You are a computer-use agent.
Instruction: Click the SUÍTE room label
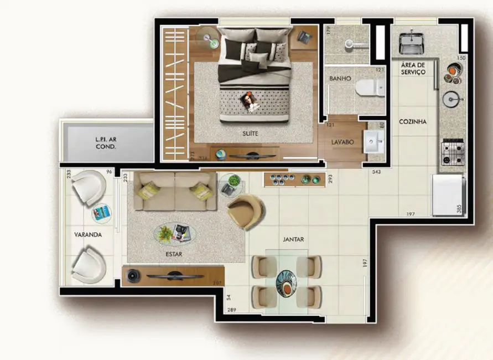tap(250, 133)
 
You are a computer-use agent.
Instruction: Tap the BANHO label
tap(340, 79)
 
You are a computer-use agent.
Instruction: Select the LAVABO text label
tap(342, 142)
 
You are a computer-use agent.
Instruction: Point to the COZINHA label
tap(413, 122)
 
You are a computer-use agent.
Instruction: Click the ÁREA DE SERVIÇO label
tap(413, 69)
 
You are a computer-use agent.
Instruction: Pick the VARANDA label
tap(87, 235)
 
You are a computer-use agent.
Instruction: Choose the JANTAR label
tap(293, 239)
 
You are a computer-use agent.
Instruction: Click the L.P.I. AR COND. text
tap(105, 143)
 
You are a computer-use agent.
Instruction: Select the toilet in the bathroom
tap(370, 87)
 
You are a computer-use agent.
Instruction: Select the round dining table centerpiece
tap(287, 281)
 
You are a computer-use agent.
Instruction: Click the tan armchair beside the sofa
tap(246, 211)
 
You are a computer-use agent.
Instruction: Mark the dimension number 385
tap(458, 209)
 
